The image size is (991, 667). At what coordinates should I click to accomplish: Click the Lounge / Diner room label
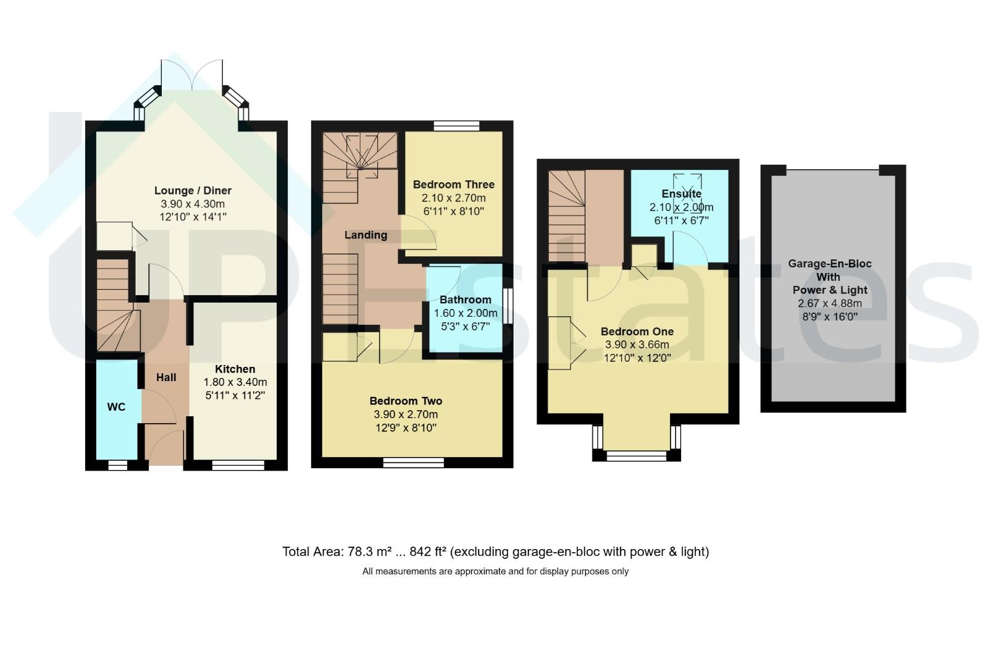[x=193, y=191]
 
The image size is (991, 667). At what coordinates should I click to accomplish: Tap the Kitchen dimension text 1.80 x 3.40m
[x=235, y=382]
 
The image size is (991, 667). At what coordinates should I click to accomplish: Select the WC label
[x=116, y=407]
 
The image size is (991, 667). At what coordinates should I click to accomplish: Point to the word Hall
[x=166, y=377]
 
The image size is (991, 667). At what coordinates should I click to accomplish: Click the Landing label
[x=366, y=235]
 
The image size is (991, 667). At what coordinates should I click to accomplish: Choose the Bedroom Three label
[x=453, y=185]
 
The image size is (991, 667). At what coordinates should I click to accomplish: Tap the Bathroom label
[x=466, y=300]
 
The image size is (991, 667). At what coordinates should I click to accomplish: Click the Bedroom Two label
[x=406, y=401]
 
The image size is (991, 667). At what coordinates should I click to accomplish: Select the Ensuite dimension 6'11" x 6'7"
[x=681, y=220]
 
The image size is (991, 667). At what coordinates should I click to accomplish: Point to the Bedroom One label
[x=637, y=332]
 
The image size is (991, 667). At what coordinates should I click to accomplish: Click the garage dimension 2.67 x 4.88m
[x=829, y=304]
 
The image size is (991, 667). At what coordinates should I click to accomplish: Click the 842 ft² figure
[x=428, y=552]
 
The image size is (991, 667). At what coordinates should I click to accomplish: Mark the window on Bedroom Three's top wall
[x=456, y=126]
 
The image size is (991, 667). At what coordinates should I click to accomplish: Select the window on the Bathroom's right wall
[x=508, y=306]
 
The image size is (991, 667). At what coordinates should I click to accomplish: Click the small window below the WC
[x=118, y=465]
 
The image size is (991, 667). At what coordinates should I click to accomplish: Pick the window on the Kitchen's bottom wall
[x=238, y=465]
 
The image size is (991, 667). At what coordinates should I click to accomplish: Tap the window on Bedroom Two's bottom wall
[x=413, y=463]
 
